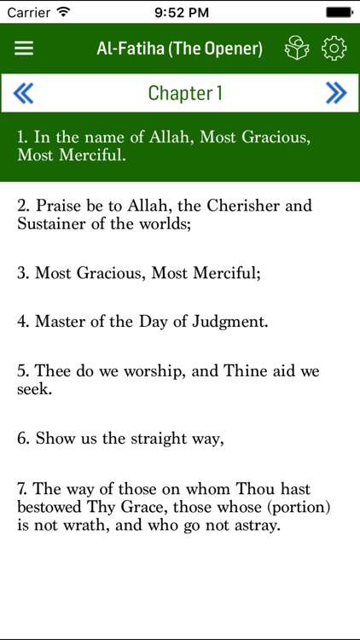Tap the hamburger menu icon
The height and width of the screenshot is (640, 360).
24,48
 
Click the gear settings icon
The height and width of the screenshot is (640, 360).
334,49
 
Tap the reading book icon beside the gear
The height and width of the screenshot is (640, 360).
297,49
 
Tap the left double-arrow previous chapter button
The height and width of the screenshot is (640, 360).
23,93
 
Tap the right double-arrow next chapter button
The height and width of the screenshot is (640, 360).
336,93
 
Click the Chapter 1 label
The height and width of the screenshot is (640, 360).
185,93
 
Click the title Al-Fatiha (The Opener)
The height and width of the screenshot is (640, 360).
180,48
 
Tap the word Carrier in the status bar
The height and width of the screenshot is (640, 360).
28,12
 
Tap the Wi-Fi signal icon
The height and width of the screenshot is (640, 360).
63,12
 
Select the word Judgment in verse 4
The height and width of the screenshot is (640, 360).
230,323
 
